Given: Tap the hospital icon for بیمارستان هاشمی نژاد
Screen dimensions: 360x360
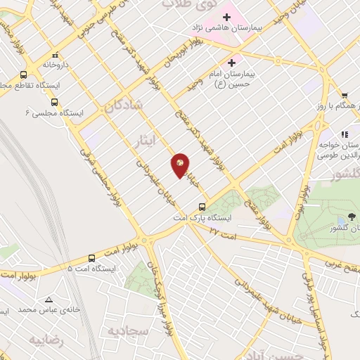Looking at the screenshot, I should click(x=226, y=16).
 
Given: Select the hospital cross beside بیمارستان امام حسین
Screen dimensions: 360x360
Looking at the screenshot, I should click(x=231, y=63).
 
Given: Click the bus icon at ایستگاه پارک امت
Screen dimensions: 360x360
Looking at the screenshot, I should click(x=202, y=207).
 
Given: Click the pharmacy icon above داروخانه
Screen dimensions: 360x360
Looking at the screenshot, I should click(x=55, y=54).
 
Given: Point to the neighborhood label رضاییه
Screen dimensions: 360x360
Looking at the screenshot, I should click(x=46, y=340).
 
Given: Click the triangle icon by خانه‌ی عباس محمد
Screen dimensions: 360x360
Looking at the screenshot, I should click(x=48, y=298).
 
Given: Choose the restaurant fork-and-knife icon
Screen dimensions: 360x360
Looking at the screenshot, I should click(x=345, y=134).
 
